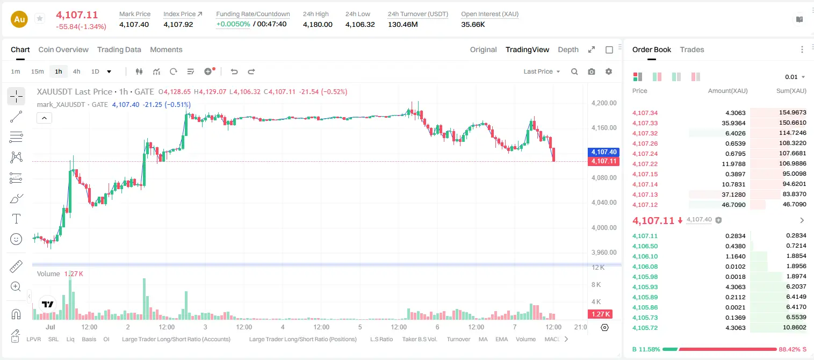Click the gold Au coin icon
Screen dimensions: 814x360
[19, 19]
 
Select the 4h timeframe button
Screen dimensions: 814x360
[76, 71]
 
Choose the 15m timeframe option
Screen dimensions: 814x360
[38, 71]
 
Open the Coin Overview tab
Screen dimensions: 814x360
[63, 49]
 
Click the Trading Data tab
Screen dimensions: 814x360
[119, 49]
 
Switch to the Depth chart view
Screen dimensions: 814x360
[568, 49]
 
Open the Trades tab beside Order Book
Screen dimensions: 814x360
[692, 49]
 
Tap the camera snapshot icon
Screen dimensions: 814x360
[592, 71]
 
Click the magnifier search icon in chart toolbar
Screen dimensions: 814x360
[574, 71]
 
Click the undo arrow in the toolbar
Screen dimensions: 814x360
[234, 71]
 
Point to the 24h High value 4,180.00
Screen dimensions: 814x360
[318, 24]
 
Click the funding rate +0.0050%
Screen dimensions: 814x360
[233, 24]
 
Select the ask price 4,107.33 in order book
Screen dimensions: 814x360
[645, 123]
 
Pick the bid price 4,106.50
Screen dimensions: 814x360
[645, 246]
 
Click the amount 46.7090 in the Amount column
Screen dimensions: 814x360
[733, 205]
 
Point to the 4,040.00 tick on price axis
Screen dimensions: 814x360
[604, 203]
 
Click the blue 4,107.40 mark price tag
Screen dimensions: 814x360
[603, 152]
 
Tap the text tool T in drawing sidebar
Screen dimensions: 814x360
[16, 219]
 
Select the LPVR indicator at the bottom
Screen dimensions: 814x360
[34, 339]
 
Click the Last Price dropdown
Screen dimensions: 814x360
[542, 71]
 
